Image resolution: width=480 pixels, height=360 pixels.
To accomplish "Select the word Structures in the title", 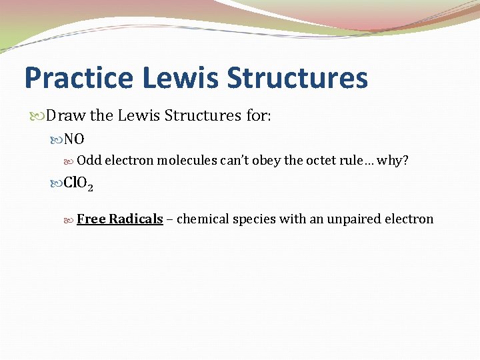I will point(297,77).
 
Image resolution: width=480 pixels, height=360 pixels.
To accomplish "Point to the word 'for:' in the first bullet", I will point(258,116).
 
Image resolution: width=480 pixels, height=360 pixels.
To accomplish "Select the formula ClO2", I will point(78,183).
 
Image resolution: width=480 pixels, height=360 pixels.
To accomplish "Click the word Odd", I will point(89,161).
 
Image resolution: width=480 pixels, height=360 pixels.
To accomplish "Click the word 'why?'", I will point(393,161).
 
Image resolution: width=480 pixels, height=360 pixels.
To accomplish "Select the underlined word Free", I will point(91,219).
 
